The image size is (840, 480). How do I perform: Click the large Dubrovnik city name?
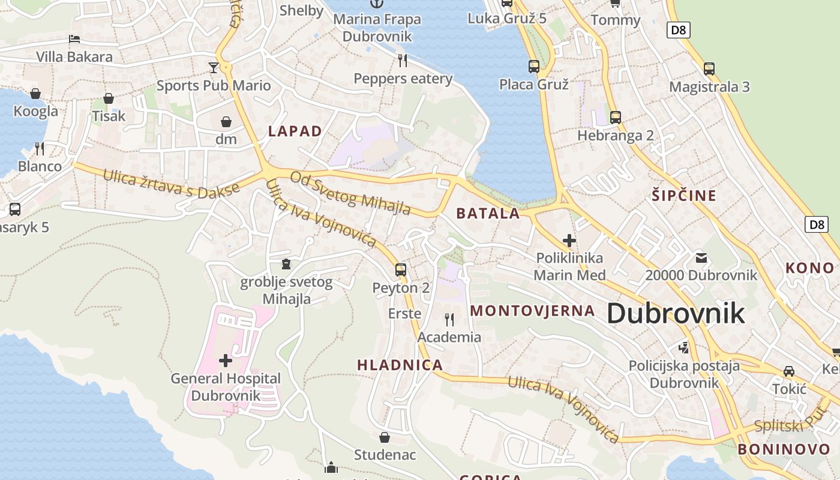[x=676, y=313]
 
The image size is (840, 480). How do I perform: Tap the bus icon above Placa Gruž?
[x=533, y=66]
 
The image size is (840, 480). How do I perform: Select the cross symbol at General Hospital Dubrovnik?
[x=226, y=360]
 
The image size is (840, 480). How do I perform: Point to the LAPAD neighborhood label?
[x=295, y=131]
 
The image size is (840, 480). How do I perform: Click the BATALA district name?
[x=488, y=213]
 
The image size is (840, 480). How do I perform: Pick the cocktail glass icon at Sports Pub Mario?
[x=214, y=67]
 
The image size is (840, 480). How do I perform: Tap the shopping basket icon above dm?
[x=226, y=122]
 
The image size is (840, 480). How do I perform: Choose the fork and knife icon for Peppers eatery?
[x=403, y=60]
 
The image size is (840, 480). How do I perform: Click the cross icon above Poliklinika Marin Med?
[x=569, y=241]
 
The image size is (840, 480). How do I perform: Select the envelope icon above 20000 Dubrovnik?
[x=701, y=258]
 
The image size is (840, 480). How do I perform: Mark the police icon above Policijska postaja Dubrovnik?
[x=683, y=347]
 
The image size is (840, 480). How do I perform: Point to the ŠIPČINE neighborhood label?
[x=684, y=196]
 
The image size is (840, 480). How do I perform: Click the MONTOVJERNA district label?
[x=533, y=311]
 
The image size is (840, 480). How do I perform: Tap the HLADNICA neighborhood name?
[x=400, y=365]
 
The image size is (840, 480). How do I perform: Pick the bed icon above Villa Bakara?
[x=74, y=39]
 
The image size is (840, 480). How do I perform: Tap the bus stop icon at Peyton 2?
[x=401, y=269]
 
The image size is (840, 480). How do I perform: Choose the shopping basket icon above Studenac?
[x=385, y=437]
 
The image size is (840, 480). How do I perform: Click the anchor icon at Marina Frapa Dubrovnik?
[x=376, y=4]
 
